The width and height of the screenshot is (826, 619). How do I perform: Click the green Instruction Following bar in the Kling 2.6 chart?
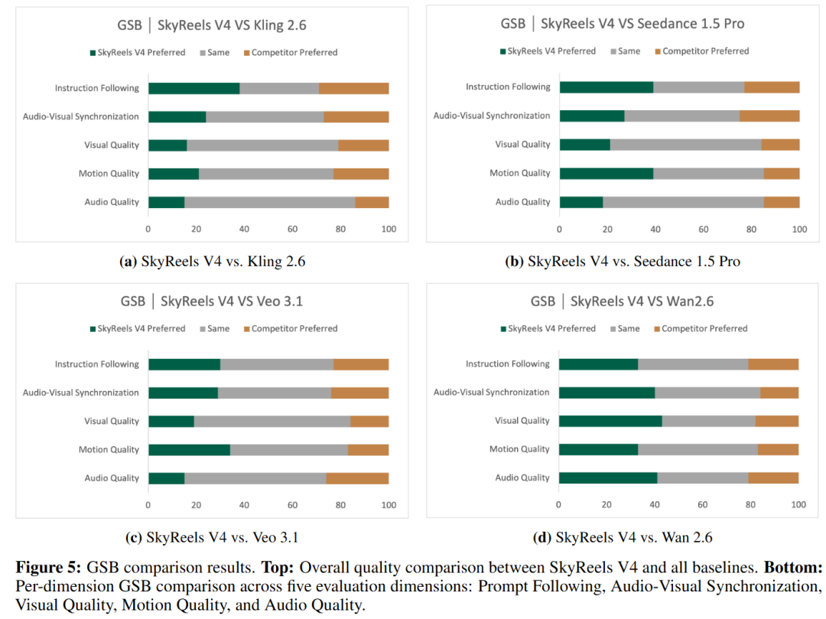[193, 88]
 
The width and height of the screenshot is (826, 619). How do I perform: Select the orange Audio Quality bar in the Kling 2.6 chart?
[372, 202]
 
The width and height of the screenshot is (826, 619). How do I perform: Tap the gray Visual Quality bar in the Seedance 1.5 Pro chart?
[685, 145]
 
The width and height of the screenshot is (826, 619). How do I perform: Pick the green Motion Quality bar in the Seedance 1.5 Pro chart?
[606, 173]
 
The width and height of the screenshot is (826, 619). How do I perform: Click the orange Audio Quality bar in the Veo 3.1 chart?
[357, 478]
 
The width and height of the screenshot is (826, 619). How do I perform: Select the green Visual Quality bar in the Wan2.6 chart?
[610, 421]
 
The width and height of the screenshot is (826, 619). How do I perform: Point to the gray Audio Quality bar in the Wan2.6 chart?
[702, 478]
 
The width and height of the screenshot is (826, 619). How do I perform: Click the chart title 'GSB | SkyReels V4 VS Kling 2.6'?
[212, 24]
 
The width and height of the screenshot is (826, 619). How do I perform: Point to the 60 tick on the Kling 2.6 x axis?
[293, 230]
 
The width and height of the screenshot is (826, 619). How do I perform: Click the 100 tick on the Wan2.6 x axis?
[798, 505]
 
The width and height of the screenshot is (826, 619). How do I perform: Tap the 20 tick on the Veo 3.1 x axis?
[197, 505]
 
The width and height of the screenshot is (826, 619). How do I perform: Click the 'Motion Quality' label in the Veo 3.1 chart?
[109, 450]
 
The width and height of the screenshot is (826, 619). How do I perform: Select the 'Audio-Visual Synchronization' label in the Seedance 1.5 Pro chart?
[492, 116]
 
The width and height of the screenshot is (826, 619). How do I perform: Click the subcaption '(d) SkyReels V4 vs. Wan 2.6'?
[622, 537]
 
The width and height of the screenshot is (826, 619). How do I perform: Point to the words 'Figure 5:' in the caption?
[47, 568]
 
